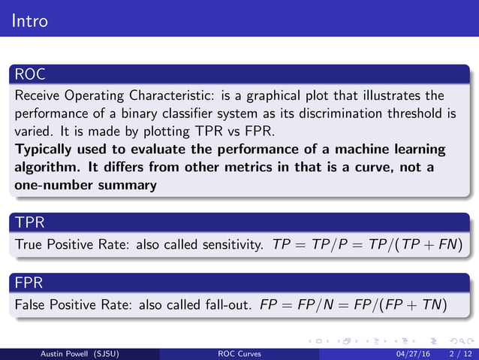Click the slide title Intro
click(30, 20)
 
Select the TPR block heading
click(29, 222)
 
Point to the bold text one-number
click(51, 185)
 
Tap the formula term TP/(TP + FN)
click(417, 245)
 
